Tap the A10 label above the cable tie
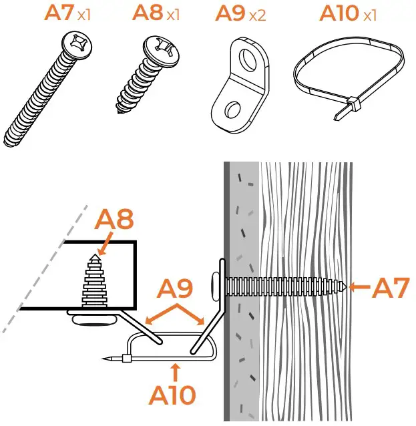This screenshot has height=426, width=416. tap(338, 13)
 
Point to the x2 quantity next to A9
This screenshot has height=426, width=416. tap(257, 15)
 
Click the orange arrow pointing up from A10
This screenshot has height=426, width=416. tap(175, 369)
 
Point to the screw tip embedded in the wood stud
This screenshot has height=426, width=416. tap(346, 287)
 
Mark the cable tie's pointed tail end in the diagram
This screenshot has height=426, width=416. tap(106, 359)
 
